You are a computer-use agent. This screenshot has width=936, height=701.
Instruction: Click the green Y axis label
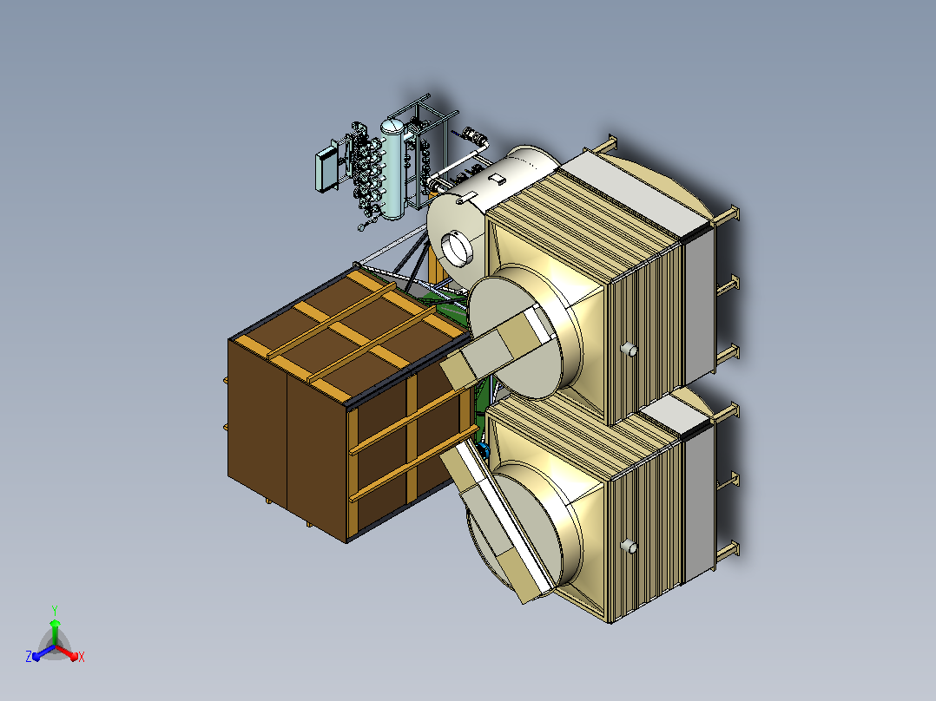point(55,610)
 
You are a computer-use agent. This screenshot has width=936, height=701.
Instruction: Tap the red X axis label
point(82,657)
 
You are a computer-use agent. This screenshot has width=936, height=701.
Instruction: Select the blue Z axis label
point(29,656)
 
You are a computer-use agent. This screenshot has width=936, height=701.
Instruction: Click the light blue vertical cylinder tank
point(392,168)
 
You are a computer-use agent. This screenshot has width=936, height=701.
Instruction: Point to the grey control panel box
point(326,169)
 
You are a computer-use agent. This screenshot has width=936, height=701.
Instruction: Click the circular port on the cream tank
point(458,249)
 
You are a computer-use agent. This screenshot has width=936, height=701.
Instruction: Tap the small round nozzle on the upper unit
point(629,350)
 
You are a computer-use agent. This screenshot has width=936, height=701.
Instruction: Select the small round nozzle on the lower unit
point(629,546)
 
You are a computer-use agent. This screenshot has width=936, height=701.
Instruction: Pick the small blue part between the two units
point(484,449)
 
